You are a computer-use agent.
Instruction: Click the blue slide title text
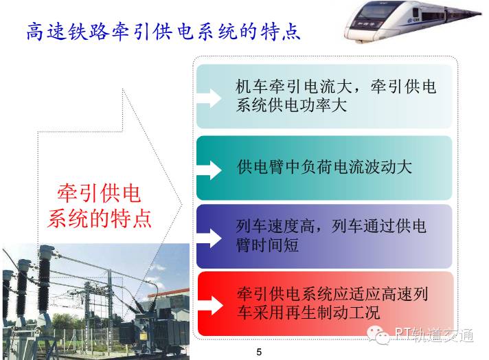click(x=163, y=32)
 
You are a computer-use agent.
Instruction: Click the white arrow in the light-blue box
click(x=209, y=98)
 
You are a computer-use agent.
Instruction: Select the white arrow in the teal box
click(x=209, y=170)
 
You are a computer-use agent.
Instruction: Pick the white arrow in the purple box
click(x=209, y=238)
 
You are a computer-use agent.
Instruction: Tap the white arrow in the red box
click(x=210, y=306)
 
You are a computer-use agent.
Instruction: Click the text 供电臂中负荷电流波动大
click(x=324, y=167)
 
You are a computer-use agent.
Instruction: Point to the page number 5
click(x=259, y=352)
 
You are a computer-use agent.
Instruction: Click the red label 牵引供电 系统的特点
click(x=100, y=206)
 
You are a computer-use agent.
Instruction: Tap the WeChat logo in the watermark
click(x=378, y=335)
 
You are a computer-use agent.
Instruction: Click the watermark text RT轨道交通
click(x=434, y=335)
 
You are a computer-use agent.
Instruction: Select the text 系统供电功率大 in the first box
click(x=291, y=105)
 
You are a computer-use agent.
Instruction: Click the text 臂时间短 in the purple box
click(x=267, y=245)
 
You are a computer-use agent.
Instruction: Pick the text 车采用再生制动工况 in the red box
click(x=308, y=313)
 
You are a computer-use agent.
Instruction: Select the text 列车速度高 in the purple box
click(x=275, y=226)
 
